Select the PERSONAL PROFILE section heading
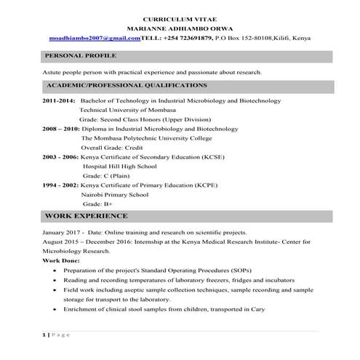[76, 56]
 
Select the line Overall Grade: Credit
[113, 147]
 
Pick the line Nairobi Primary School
[115, 194]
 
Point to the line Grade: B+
[97, 204]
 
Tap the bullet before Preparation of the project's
[57, 270]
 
